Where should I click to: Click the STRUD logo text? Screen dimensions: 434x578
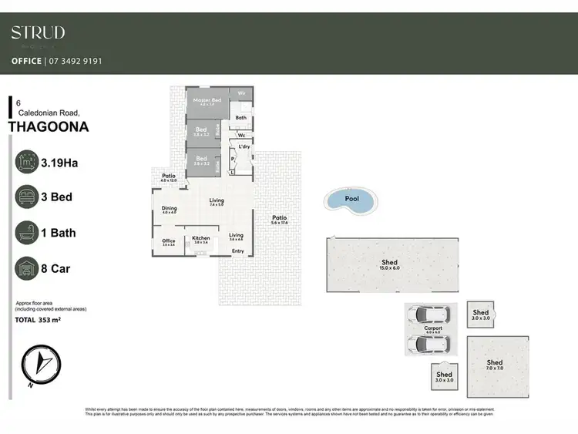coord(38,32)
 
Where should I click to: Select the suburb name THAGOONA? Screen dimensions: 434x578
coord(48,127)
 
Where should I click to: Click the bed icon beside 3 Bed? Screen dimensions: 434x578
coord(28,197)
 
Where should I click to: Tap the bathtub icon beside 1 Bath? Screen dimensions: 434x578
coord(28,232)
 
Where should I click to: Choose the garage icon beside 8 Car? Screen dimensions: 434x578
coord(28,267)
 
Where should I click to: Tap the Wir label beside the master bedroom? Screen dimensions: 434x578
coord(241,93)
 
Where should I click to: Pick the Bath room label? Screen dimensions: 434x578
coord(240,118)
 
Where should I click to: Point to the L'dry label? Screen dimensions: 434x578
coord(245,146)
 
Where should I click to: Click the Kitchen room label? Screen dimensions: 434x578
coord(200,238)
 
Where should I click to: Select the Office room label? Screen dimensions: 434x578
coord(168,241)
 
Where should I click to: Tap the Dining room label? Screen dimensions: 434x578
coord(169,208)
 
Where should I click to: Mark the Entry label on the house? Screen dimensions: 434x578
coord(237,251)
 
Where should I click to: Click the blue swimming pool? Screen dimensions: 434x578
coord(351,200)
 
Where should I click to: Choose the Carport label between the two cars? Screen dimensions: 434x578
coord(433,329)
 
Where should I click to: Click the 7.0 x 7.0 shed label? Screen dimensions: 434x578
coord(494,363)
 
